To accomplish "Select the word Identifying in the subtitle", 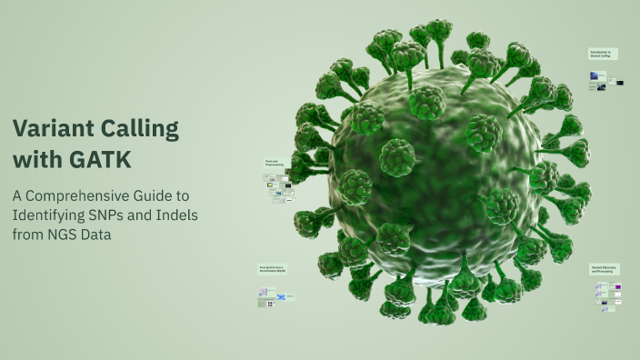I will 49,215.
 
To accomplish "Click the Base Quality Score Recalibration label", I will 271,269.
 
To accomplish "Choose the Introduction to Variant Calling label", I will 603,54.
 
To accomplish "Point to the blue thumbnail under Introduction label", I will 601,87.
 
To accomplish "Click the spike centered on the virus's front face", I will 397,156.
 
